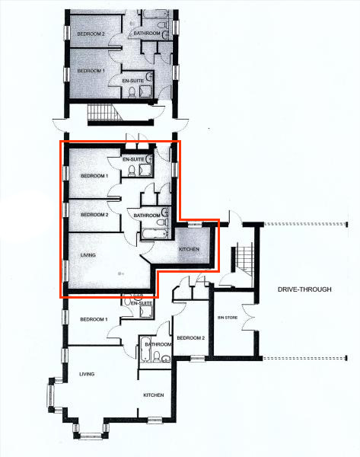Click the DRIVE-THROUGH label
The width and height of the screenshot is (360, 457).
(x=304, y=289)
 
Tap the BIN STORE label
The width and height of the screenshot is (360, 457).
(x=228, y=318)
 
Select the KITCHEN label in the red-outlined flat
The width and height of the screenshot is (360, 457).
(x=189, y=249)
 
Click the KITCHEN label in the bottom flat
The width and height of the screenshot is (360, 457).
(x=154, y=395)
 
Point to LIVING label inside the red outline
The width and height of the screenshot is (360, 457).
(x=88, y=255)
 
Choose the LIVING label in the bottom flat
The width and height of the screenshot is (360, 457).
(x=87, y=374)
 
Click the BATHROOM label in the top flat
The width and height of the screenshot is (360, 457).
(x=147, y=34)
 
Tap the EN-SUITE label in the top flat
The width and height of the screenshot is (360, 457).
(x=133, y=81)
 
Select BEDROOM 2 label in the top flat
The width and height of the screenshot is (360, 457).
(x=91, y=34)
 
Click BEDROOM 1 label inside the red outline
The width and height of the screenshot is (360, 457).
(x=94, y=176)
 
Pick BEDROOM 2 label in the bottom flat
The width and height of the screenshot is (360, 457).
(x=191, y=337)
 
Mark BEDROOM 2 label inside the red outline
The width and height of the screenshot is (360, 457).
(x=94, y=215)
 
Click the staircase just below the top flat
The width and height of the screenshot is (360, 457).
(x=104, y=112)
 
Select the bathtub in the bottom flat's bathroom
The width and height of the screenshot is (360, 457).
(x=145, y=349)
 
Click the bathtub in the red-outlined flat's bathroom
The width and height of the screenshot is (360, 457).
(x=155, y=234)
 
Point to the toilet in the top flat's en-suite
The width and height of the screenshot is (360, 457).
(x=132, y=92)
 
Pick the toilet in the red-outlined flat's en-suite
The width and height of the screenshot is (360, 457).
(x=132, y=171)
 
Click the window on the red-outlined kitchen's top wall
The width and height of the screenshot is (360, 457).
(x=195, y=225)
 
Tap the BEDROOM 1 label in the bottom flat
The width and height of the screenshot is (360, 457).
(x=94, y=319)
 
